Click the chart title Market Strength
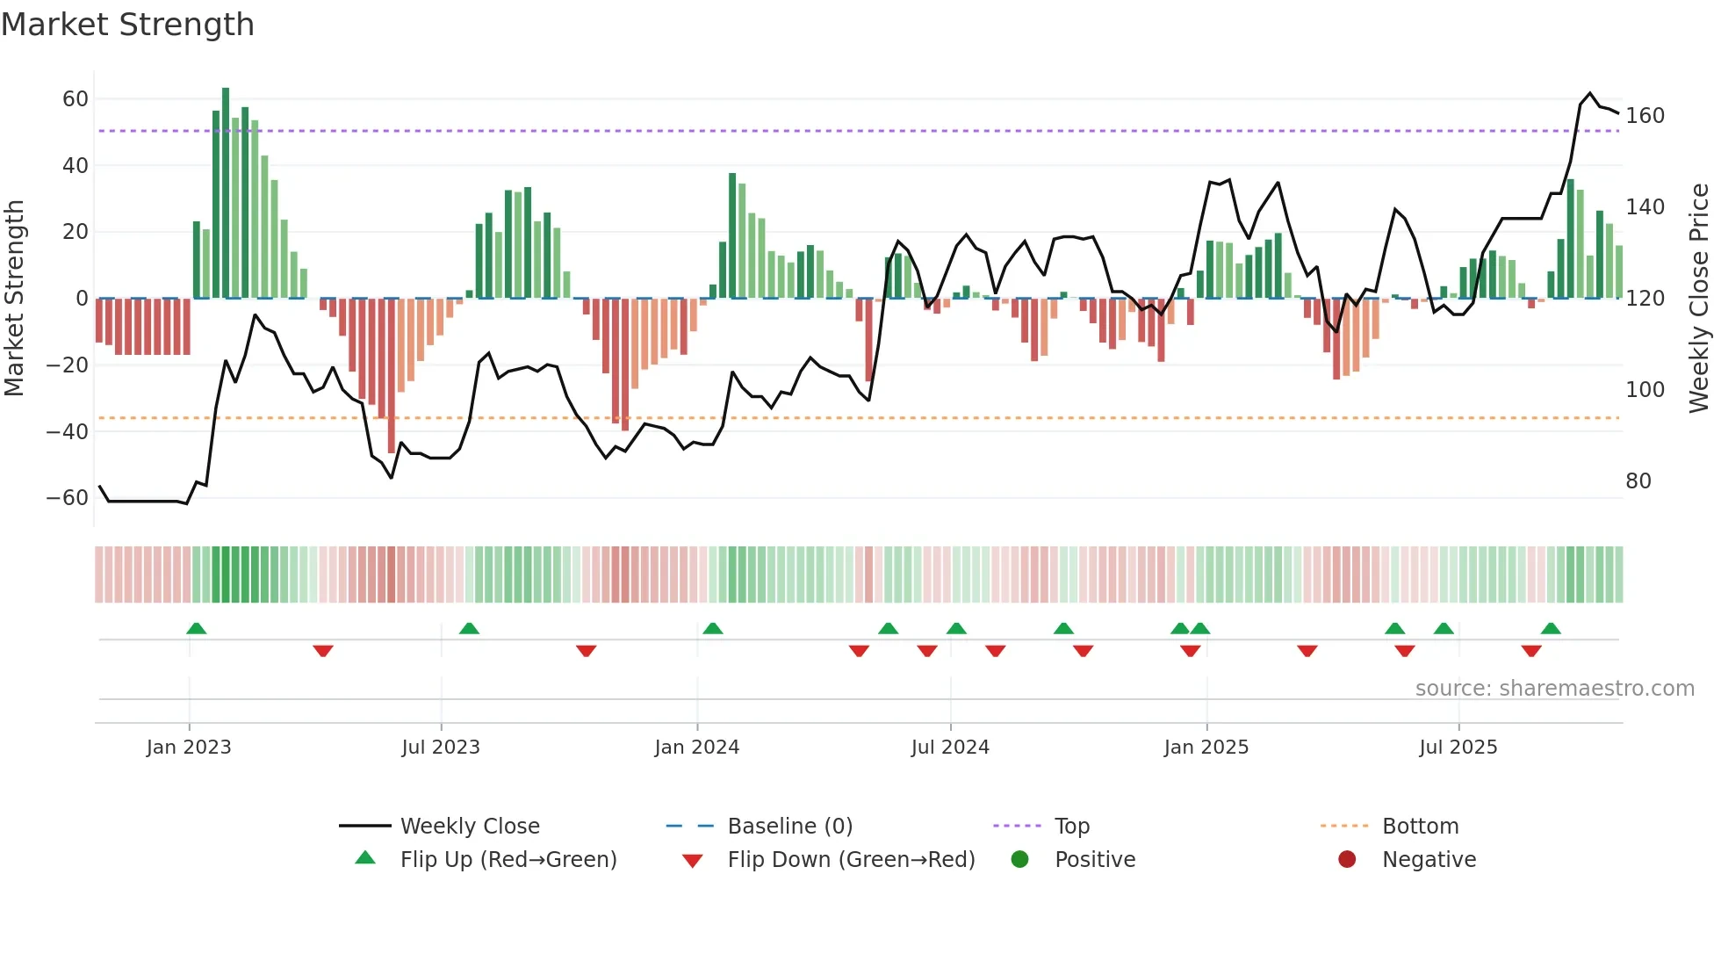[x=127, y=25]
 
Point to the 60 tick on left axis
[x=75, y=98]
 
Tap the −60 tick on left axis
[x=68, y=498]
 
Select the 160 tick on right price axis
[x=1645, y=116]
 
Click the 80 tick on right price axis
[x=1638, y=481]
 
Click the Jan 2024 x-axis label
[x=696, y=748]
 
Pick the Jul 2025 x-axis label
[x=1458, y=748]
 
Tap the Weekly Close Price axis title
[x=1699, y=299]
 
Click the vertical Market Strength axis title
[x=14, y=299]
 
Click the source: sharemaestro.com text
[x=1554, y=689]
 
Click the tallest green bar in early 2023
[x=226, y=193]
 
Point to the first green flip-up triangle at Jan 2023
[x=197, y=628]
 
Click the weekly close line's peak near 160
[x=1589, y=93]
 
